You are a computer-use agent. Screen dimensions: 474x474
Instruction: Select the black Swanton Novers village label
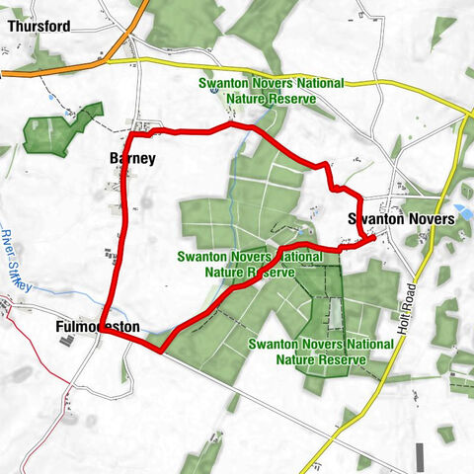(x=401, y=218)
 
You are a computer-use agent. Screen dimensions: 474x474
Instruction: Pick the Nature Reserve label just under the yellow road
(x=270, y=91)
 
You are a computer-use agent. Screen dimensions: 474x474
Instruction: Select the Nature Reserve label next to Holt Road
(x=321, y=352)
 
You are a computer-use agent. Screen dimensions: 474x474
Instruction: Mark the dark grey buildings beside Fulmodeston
(x=67, y=341)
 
